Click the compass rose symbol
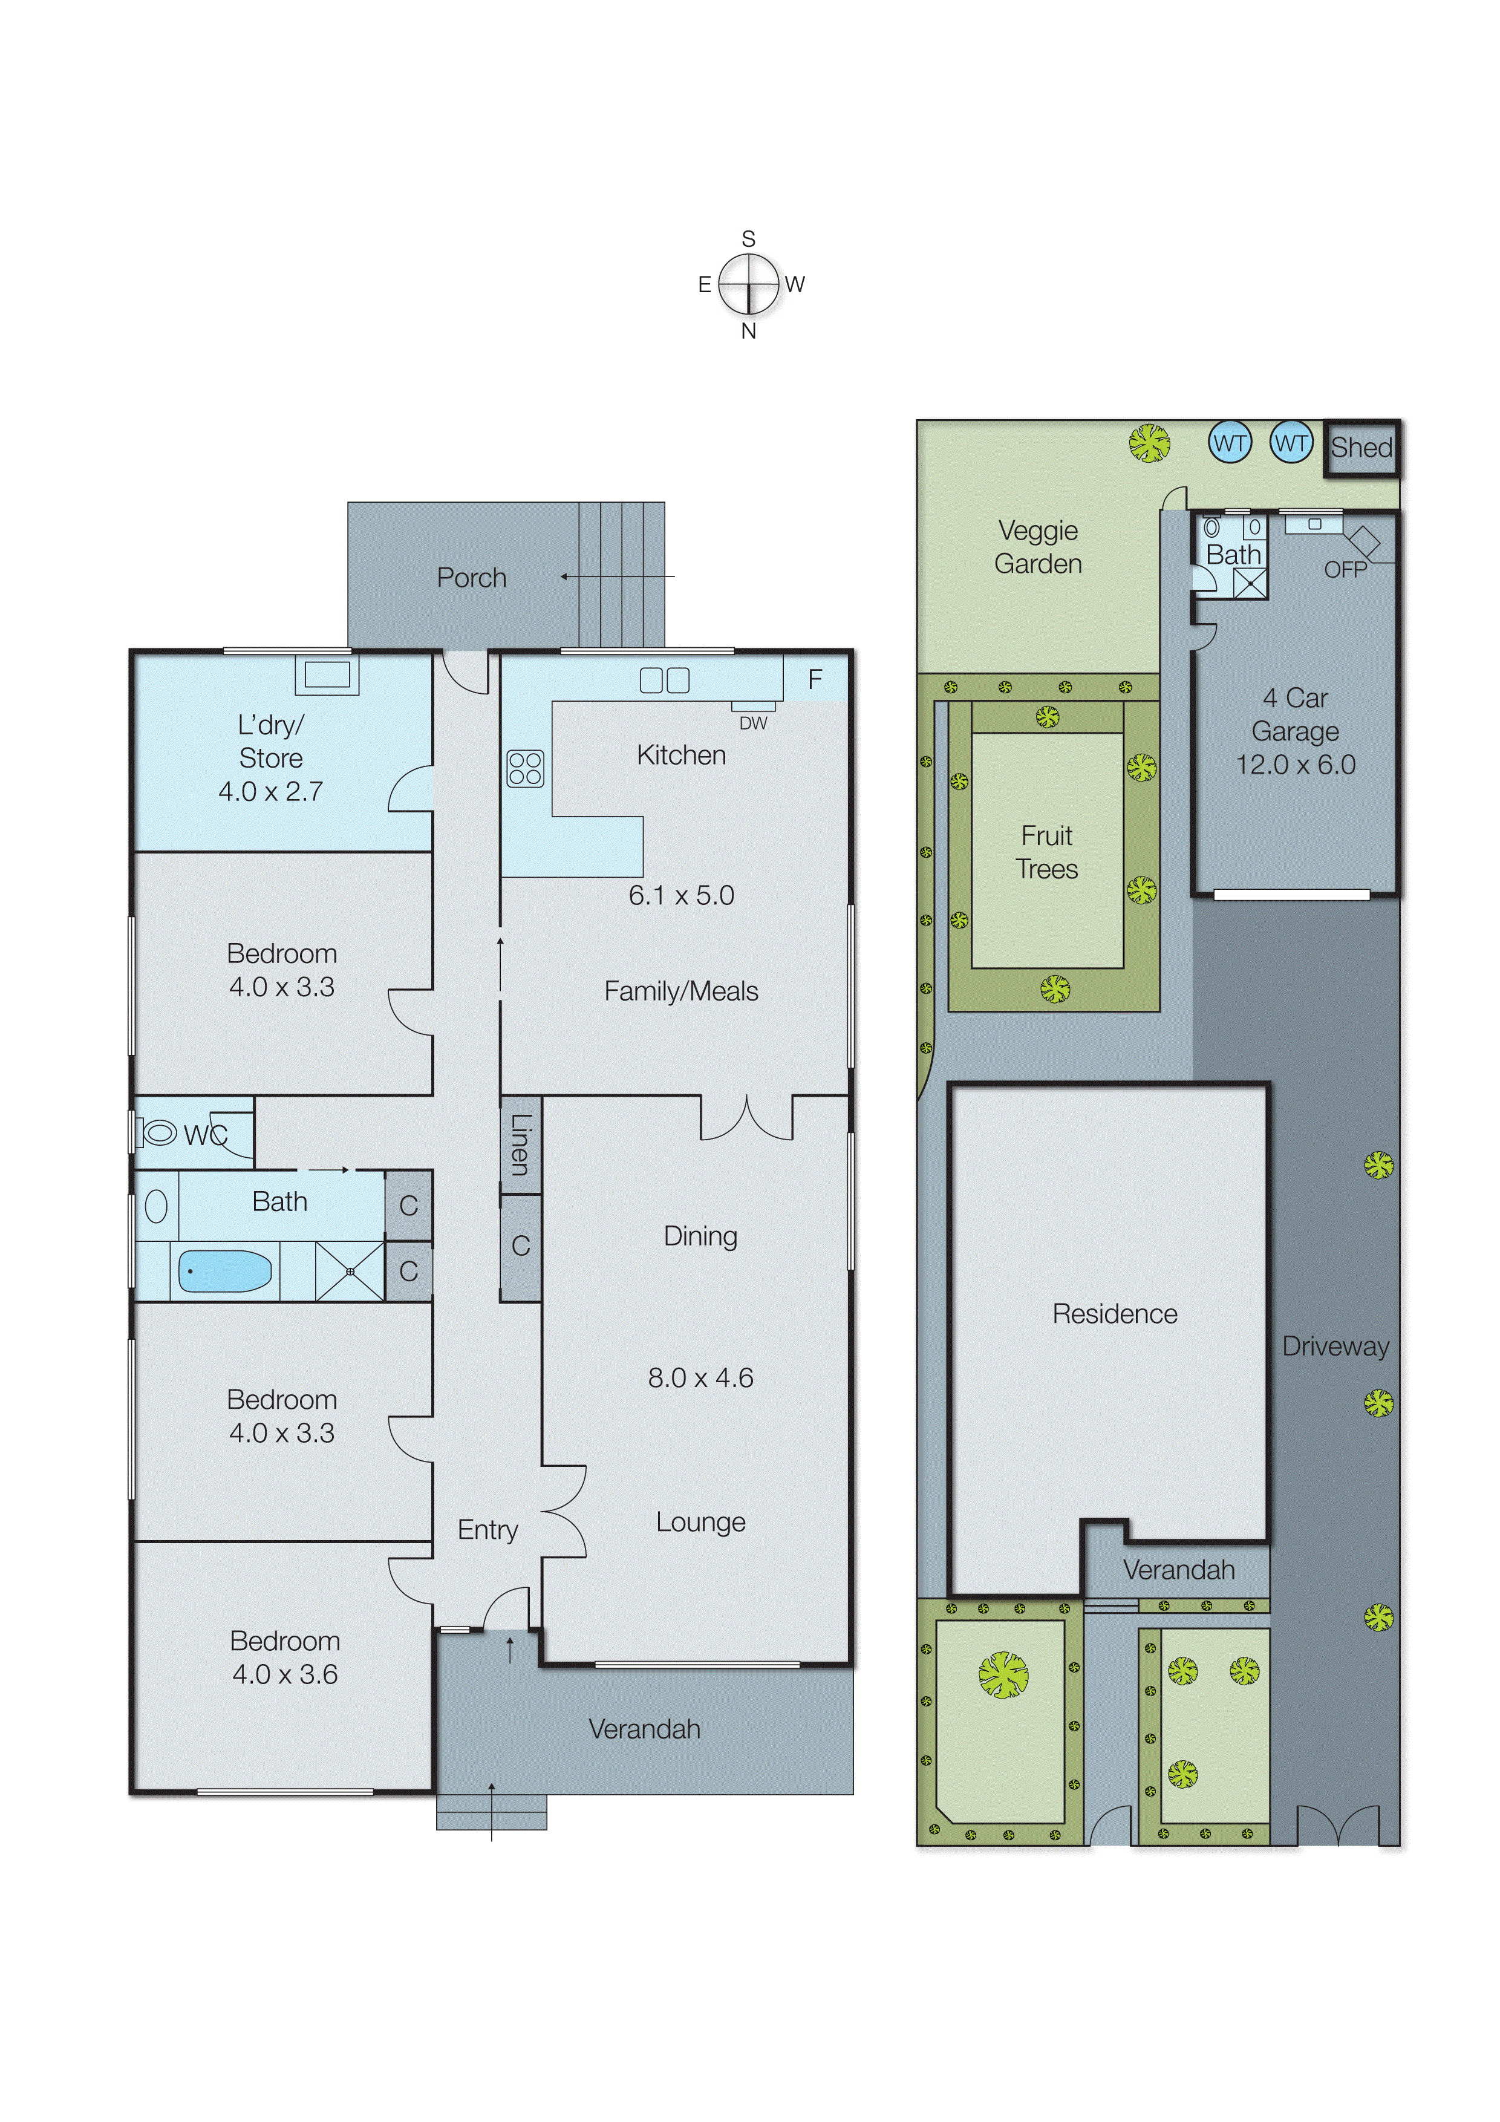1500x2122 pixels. tap(749, 284)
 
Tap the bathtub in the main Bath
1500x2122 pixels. tap(224, 1272)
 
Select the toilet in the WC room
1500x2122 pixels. tap(159, 1132)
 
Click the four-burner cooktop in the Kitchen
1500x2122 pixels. tap(525, 768)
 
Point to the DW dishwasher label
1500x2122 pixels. tap(752, 723)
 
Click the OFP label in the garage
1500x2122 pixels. tap(1345, 570)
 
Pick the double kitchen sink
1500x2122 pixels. tap(665, 681)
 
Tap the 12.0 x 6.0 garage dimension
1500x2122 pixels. tap(1295, 765)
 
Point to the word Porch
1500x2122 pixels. tap(471, 578)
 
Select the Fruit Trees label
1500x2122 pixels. tap(1046, 852)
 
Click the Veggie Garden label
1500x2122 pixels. tap(1038, 547)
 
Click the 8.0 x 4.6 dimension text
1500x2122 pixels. tap(700, 1377)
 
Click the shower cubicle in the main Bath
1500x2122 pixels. tap(350, 1272)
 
